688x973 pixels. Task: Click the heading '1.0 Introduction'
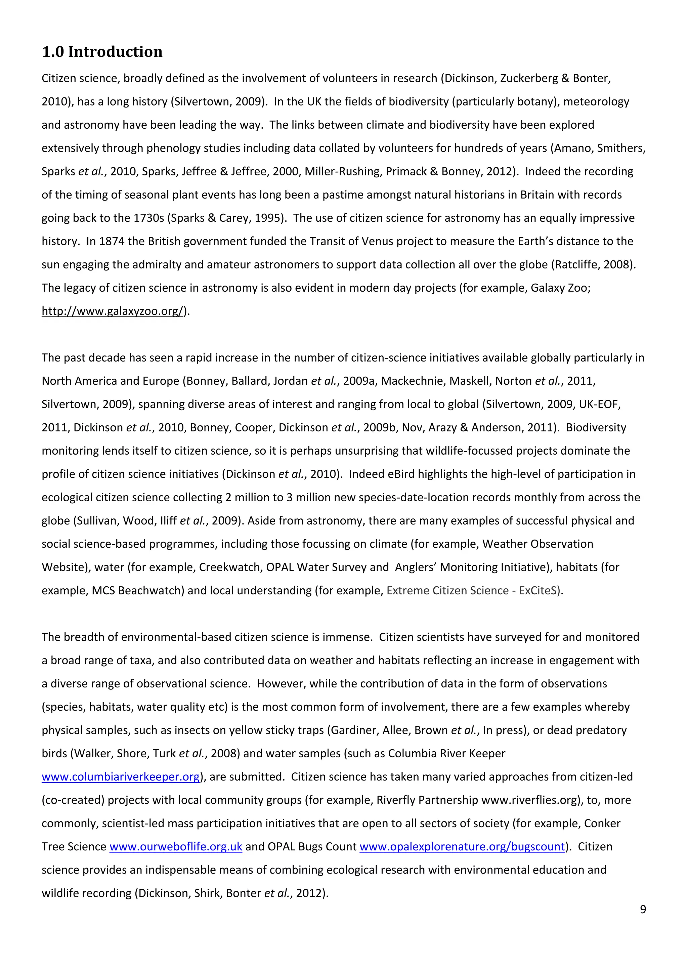click(102, 52)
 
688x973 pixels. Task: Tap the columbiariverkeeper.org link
click(121, 777)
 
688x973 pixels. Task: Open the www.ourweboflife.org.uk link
click(176, 847)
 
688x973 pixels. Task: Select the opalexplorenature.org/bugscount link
click(462, 847)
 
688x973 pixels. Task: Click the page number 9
click(643, 909)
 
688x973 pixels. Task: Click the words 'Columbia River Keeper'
click(446, 754)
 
